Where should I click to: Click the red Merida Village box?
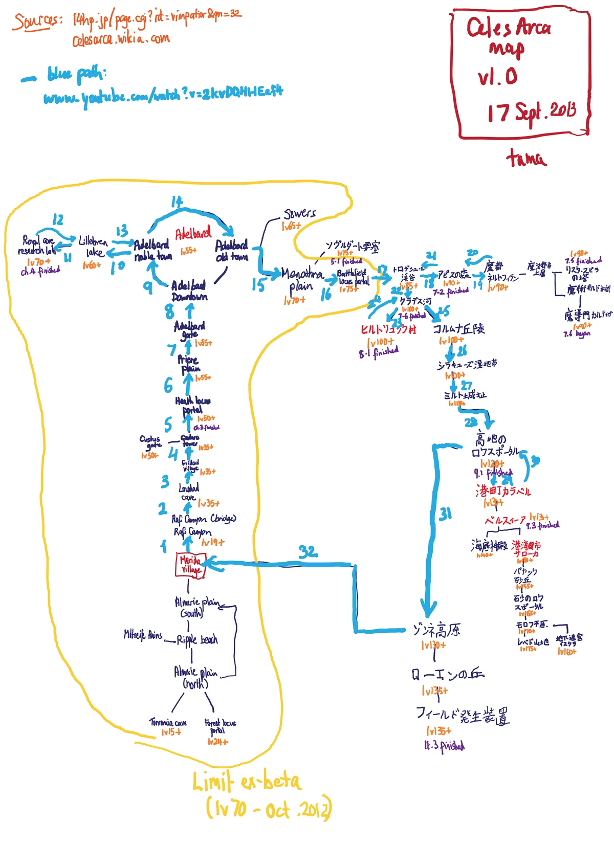pyautogui.click(x=190, y=566)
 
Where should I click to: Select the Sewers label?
pyautogui.click(x=300, y=213)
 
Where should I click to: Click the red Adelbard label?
pyautogui.click(x=193, y=234)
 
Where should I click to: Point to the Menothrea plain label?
pyautogui.click(x=302, y=279)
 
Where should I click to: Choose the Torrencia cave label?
pyautogui.click(x=168, y=722)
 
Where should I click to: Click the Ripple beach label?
pyautogui.click(x=197, y=640)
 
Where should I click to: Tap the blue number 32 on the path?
pyautogui.click(x=308, y=551)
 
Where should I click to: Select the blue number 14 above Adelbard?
pyautogui.click(x=177, y=202)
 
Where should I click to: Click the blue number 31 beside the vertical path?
pyautogui.click(x=445, y=514)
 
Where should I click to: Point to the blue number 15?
pyautogui.click(x=258, y=284)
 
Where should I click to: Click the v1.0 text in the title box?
pyautogui.click(x=497, y=77)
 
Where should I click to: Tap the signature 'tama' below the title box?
pyautogui.click(x=526, y=158)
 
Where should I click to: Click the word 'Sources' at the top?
pyautogui.click(x=36, y=21)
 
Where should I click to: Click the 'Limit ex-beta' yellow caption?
pyautogui.click(x=247, y=781)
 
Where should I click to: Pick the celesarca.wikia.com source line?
pyautogui.click(x=121, y=39)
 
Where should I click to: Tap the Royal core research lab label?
pyautogui.click(x=37, y=245)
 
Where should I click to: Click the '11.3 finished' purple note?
pyautogui.click(x=444, y=746)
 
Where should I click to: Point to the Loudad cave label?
pyautogui.click(x=189, y=492)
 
